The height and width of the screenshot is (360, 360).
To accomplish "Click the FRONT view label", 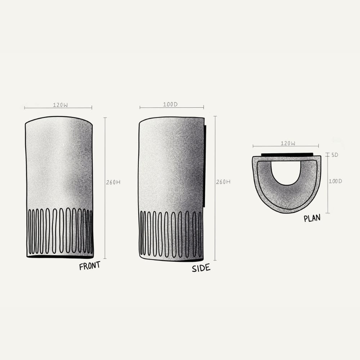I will (90, 266).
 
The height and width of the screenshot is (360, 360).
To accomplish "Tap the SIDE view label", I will (201, 268).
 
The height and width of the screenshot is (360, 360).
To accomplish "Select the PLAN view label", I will (312, 218).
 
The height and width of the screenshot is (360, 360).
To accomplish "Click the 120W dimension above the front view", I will (60, 105).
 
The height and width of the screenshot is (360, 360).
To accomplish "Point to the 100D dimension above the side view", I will (170, 105).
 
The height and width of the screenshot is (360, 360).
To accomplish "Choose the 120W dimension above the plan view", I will (288, 143).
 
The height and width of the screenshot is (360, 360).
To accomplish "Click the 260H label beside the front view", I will (113, 182).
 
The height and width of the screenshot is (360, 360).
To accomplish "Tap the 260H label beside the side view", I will (223, 182).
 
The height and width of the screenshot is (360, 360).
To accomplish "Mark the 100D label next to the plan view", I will (335, 181).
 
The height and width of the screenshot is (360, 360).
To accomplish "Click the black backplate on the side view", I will (204, 166).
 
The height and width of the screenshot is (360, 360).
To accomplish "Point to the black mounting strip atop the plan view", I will (287, 155).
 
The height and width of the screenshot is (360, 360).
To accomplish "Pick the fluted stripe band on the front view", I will (60, 231).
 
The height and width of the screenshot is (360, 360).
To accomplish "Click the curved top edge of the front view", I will (59, 117).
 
